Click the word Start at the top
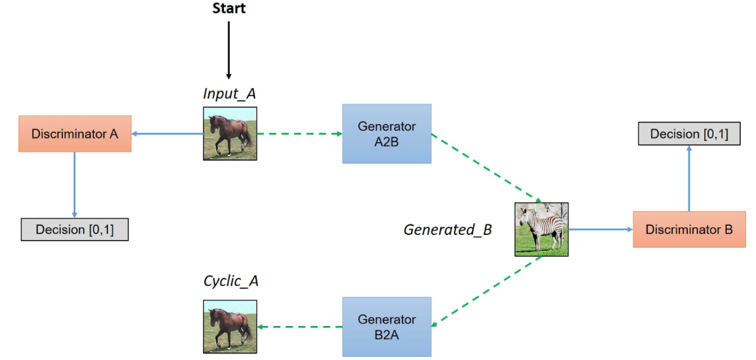(x=229, y=9)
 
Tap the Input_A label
(x=229, y=94)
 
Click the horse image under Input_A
(x=230, y=133)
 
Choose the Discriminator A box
(x=74, y=133)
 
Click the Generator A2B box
(x=386, y=133)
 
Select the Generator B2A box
(x=386, y=326)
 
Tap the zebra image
(x=541, y=229)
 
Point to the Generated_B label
(x=448, y=230)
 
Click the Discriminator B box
(x=689, y=229)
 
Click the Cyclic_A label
(x=230, y=281)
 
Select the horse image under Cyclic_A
(x=230, y=327)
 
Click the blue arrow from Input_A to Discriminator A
(x=167, y=134)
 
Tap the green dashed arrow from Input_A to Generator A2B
(x=299, y=134)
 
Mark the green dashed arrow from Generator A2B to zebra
(x=483, y=167)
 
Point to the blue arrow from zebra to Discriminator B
(x=600, y=229)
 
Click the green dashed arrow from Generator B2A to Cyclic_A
(x=299, y=327)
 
